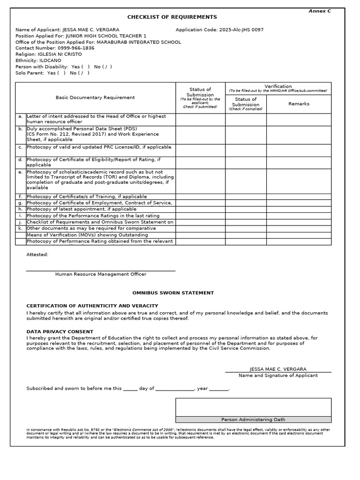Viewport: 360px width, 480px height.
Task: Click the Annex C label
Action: (319, 11)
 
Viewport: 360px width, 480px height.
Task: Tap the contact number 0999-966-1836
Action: (76, 48)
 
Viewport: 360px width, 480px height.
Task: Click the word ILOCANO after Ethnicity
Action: (50, 60)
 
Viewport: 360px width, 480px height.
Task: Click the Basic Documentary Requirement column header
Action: (95, 97)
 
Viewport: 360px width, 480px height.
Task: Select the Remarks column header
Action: (299, 104)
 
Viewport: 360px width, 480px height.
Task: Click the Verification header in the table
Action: (278, 86)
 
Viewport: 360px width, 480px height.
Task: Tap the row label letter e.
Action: (21, 172)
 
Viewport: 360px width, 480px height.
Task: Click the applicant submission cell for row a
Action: (200, 120)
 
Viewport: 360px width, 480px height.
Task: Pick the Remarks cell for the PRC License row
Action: (299, 150)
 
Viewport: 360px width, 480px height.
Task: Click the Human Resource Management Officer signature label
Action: (101, 274)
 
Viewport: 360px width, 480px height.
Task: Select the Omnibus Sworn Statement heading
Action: (173, 293)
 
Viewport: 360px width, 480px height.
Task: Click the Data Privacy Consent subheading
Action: (60, 331)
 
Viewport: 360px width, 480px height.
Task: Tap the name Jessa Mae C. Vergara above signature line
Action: (278, 369)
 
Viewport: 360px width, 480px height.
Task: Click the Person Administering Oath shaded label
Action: (253, 420)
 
